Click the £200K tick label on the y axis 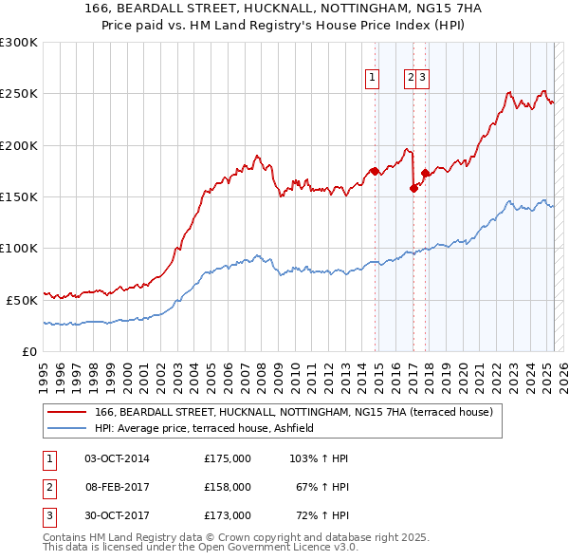click(19, 145)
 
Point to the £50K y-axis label click(22, 300)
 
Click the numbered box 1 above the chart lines click(371, 79)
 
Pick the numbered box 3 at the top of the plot click(422, 79)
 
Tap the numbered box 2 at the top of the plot click(410, 79)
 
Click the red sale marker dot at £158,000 click(413, 188)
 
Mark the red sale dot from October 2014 click(375, 171)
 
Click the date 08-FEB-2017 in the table click(117, 487)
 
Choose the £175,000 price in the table click(228, 458)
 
